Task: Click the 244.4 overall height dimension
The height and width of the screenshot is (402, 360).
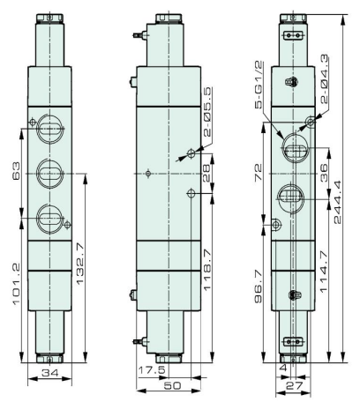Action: pos(338,202)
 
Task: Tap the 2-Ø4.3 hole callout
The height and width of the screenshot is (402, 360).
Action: pos(324,79)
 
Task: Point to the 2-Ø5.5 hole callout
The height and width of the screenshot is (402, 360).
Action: pos(207,112)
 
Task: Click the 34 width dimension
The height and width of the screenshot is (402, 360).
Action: pos(50,373)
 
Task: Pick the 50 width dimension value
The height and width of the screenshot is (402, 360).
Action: pos(172,385)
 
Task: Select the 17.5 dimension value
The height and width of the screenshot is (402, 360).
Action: pos(152,369)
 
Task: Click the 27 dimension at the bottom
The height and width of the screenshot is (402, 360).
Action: pos(295,385)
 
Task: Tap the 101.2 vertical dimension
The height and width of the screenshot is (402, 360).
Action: pos(16,284)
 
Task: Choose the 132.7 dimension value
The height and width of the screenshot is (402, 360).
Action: pos(79,264)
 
